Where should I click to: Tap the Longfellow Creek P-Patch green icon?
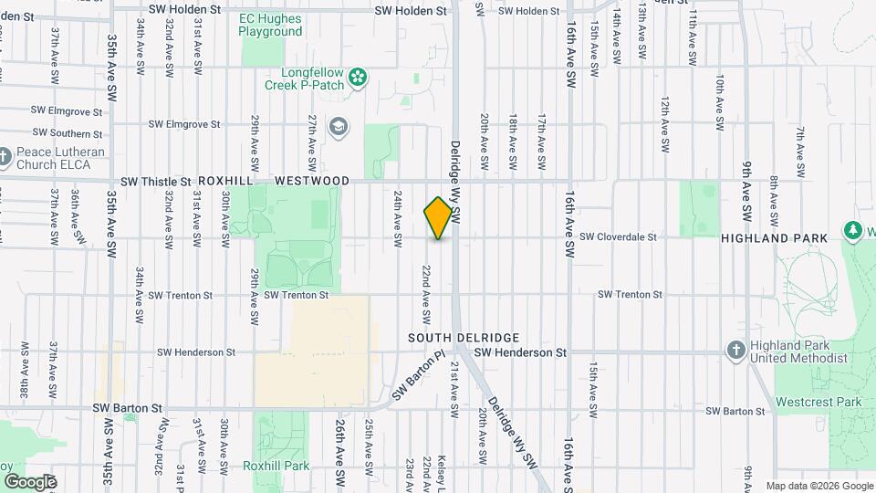click(x=359, y=77)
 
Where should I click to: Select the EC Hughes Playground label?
click(x=270, y=25)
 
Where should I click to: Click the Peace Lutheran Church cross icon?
click(x=5, y=159)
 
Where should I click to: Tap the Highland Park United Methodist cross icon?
click(x=735, y=351)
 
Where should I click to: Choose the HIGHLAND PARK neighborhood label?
click(x=774, y=237)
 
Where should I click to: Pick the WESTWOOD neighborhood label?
click(x=312, y=182)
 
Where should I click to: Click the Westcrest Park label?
click(x=819, y=402)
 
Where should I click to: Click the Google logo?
click(x=30, y=481)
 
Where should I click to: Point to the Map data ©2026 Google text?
click(x=818, y=486)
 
